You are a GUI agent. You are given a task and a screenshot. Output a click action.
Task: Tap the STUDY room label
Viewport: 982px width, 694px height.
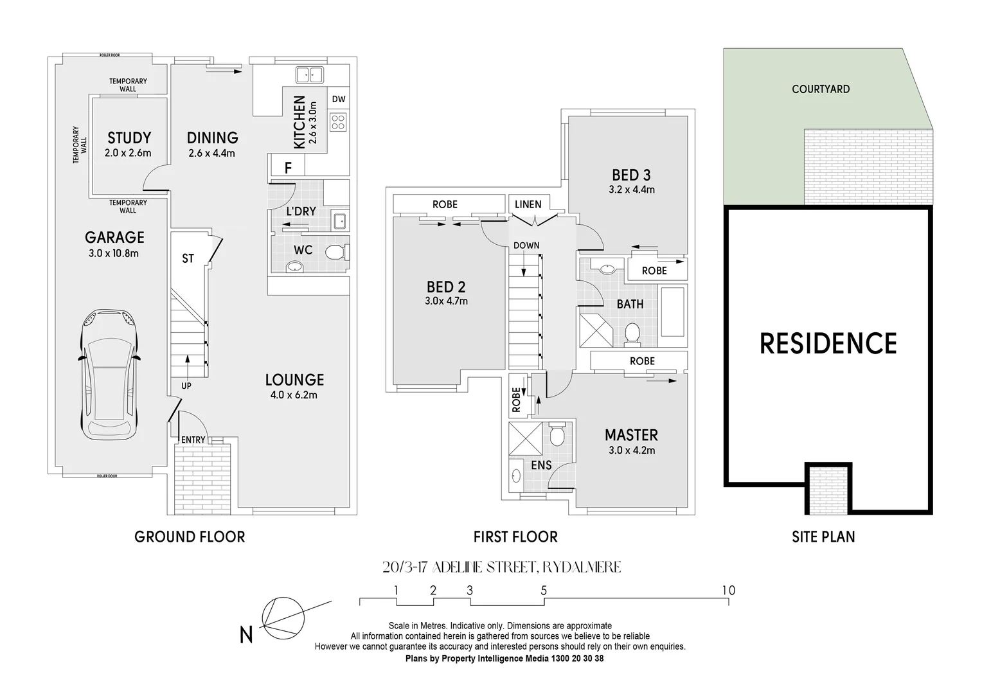point(129,138)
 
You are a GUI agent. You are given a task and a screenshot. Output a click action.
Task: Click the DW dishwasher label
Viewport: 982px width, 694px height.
point(339,99)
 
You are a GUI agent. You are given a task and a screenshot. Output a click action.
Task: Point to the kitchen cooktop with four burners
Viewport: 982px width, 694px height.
point(338,121)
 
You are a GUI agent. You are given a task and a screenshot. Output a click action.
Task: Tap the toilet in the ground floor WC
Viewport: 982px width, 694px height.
point(335,253)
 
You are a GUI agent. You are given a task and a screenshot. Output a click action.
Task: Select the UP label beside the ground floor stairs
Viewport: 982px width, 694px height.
point(186,386)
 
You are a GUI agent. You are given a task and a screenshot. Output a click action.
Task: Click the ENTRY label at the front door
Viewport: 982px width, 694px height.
point(193,440)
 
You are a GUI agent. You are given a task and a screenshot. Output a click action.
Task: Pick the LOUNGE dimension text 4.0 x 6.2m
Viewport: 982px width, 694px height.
point(294,395)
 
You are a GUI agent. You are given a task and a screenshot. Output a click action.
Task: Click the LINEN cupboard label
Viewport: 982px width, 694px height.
point(528,204)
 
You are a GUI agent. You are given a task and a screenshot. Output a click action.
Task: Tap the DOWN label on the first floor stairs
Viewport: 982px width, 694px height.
point(526,245)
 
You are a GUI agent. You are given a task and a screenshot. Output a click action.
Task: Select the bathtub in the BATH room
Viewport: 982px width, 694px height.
point(673,312)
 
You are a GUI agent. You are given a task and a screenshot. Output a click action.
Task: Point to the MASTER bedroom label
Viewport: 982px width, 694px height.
point(631,435)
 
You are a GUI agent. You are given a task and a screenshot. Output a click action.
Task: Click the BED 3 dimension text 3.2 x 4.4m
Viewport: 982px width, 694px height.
point(631,190)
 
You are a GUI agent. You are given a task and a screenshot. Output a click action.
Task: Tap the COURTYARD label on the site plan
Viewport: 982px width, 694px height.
point(821,89)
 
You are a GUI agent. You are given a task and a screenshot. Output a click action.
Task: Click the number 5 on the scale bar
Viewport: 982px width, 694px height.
point(544,590)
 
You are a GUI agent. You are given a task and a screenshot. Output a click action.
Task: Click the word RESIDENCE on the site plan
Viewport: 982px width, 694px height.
point(828,344)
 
